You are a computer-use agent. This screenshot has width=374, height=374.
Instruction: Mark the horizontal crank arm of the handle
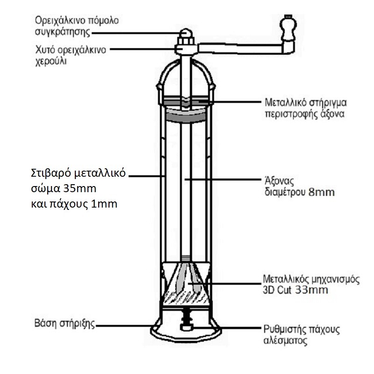[x=238, y=47]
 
